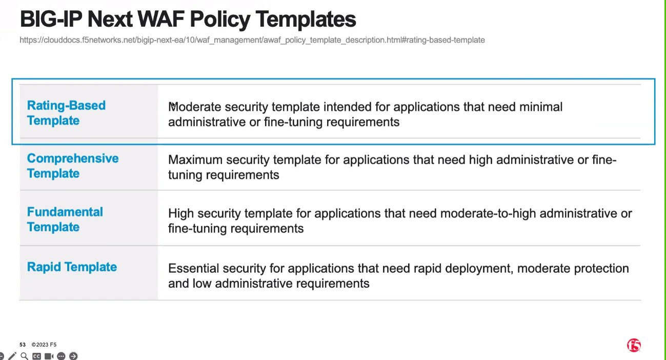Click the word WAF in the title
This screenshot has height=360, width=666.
pos(162,19)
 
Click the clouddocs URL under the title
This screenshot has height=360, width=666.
pos(252,40)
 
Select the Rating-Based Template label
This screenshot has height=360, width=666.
pos(66,113)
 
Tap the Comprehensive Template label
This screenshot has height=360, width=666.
pos(72,166)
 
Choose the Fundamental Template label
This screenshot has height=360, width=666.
pos(65,219)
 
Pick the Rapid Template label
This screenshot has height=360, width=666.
pos(72,267)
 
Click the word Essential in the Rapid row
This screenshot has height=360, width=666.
pos(194,268)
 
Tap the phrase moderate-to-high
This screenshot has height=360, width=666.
pos(488,213)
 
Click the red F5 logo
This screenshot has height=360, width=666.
pos(634,345)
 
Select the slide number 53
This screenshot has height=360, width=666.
pos(23,345)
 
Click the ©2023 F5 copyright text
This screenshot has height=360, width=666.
pos(44,345)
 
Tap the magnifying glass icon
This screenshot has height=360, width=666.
pos(25,356)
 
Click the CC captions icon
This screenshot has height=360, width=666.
pos(36,356)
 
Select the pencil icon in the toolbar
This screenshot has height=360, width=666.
pos(12,356)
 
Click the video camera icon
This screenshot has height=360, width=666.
pos(49,356)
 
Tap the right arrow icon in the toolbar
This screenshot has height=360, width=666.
pos(73,356)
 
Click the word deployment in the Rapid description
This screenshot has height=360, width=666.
pos(479,268)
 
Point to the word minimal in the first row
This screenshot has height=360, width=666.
pos(541,107)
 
